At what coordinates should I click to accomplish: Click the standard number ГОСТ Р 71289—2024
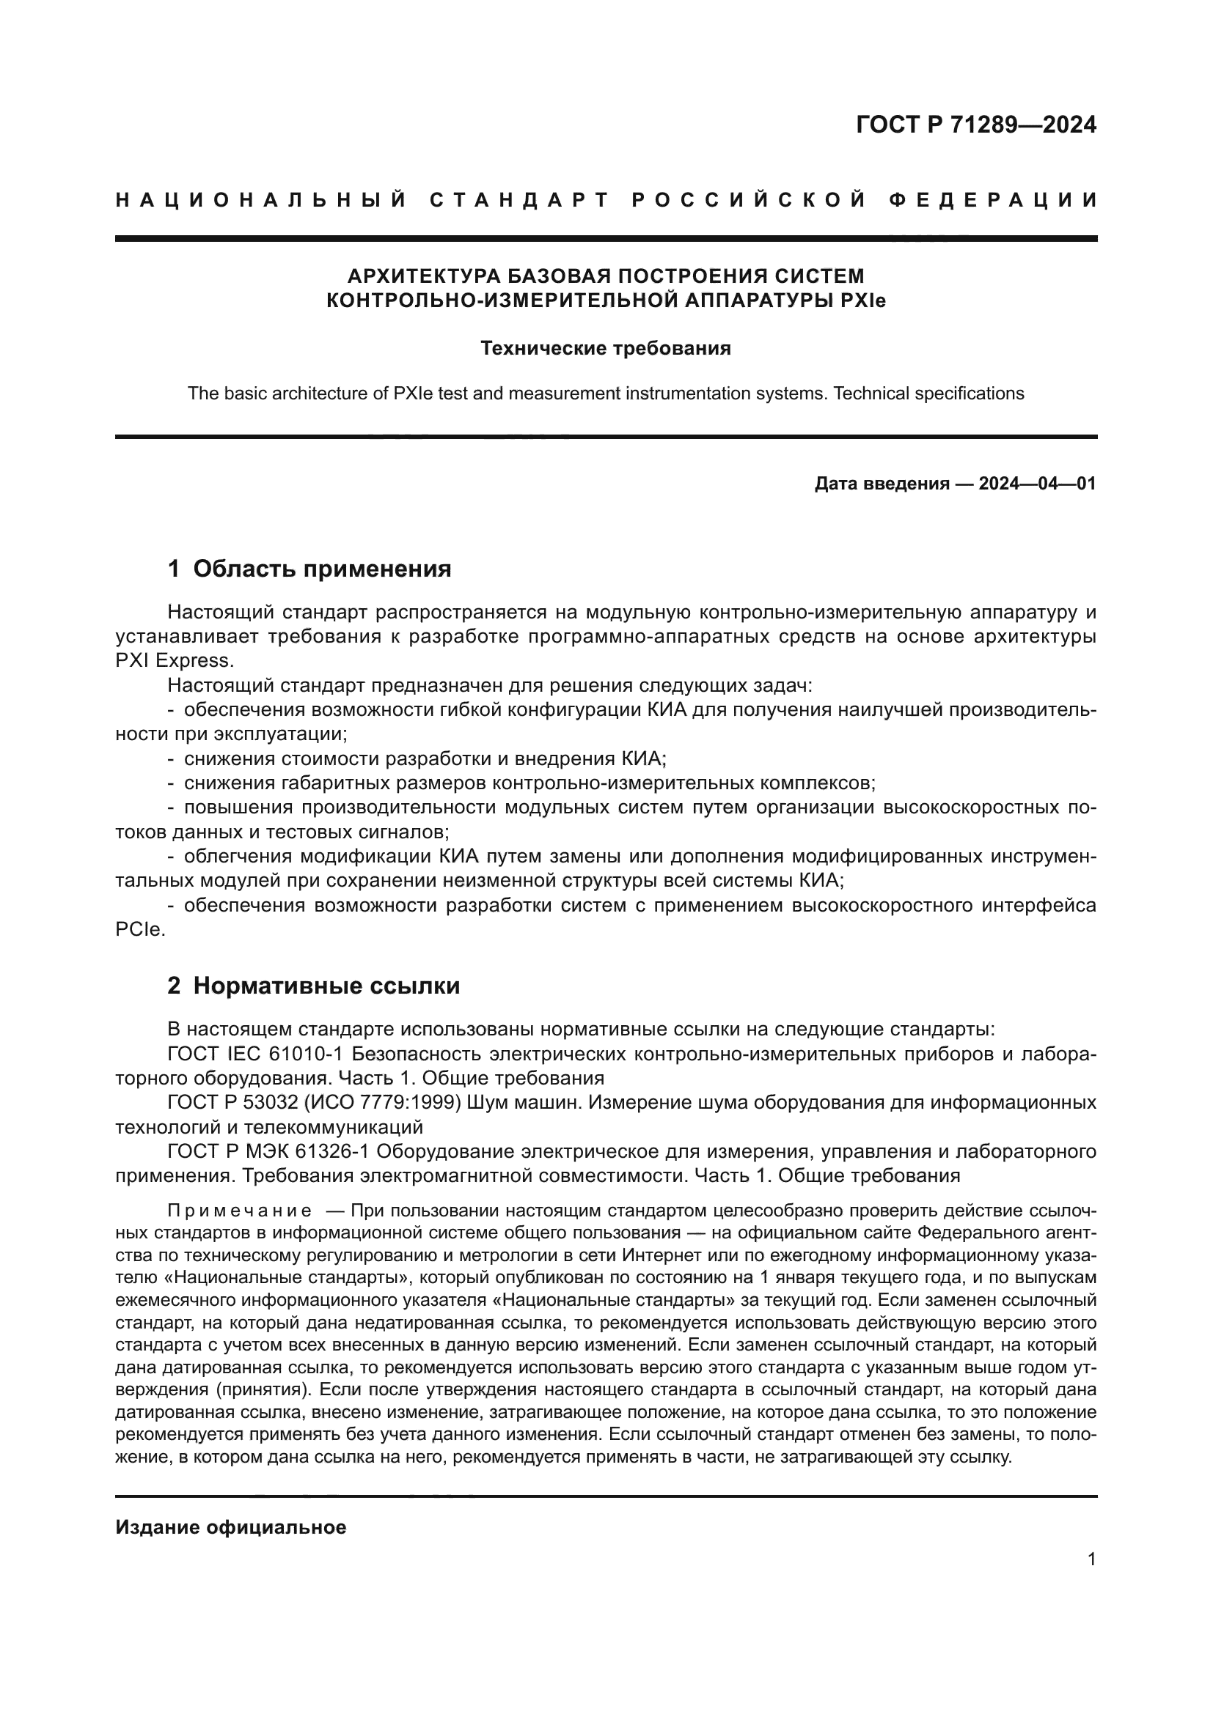pos(975,125)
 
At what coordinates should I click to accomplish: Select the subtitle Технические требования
pos(605,349)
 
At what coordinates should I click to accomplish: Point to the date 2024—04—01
pos(1037,484)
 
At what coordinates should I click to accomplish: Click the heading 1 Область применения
pos(309,569)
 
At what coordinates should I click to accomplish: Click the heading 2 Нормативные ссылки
pos(313,986)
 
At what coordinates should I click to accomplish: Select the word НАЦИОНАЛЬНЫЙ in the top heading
pos(261,200)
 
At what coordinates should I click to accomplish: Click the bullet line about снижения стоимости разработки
pos(424,759)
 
